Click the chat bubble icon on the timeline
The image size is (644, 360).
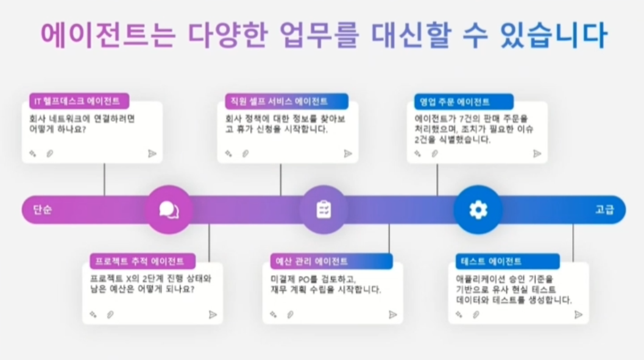(169, 210)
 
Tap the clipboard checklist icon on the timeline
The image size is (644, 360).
(324, 210)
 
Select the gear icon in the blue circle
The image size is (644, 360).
(478, 210)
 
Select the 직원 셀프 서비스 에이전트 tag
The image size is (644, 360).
(276, 101)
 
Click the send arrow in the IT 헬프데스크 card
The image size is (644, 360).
(152, 154)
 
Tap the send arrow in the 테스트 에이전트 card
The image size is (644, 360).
(578, 314)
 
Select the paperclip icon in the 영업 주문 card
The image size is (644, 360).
(434, 154)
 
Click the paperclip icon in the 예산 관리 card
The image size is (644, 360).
(290, 314)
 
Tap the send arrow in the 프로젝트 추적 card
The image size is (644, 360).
(213, 314)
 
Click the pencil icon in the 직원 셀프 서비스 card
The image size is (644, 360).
(228, 154)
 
